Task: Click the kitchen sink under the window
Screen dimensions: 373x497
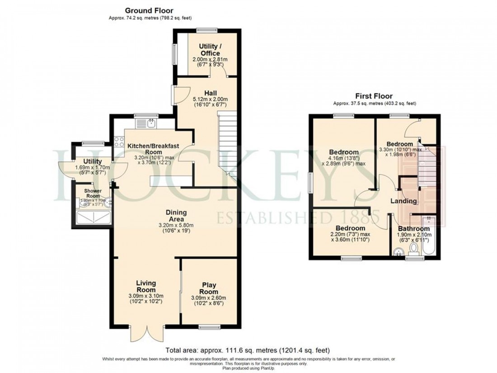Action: [x=150, y=123]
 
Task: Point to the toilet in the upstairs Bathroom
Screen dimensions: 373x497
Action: [x=412, y=249]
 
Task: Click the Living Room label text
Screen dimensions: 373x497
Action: [x=145, y=286]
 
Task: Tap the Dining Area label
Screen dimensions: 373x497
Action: [x=176, y=216]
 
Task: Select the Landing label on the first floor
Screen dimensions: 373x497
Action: [x=403, y=201]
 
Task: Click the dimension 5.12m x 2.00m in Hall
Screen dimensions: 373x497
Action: [x=210, y=99]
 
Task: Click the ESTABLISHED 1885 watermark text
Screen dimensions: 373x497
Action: [x=298, y=219]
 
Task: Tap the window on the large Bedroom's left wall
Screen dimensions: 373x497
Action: [x=310, y=185]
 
